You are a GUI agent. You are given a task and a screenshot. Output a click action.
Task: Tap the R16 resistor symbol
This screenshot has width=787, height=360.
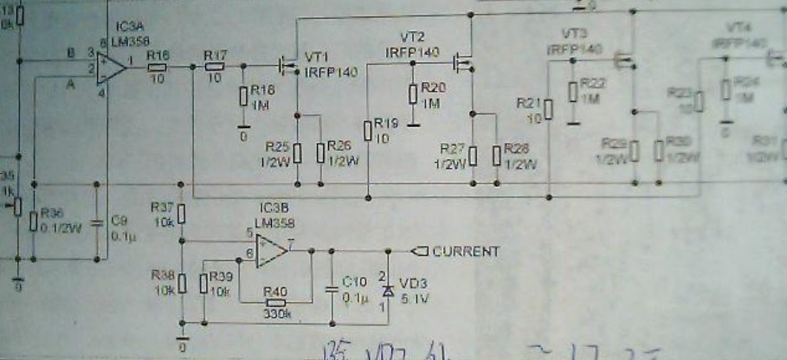[x=158, y=66]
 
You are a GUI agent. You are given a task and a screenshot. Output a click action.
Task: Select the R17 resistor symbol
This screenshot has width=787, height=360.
[x=214, y=66]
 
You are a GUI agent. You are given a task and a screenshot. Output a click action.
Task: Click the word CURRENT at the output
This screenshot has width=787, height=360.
[x=466, y=252]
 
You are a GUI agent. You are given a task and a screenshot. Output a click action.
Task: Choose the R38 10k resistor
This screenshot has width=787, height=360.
[x=182, y=282]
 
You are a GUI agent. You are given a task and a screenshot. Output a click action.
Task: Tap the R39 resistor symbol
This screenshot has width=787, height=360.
[x=203, y=282]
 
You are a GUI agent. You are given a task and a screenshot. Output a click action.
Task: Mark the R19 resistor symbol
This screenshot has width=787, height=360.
[x=368, y=131]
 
